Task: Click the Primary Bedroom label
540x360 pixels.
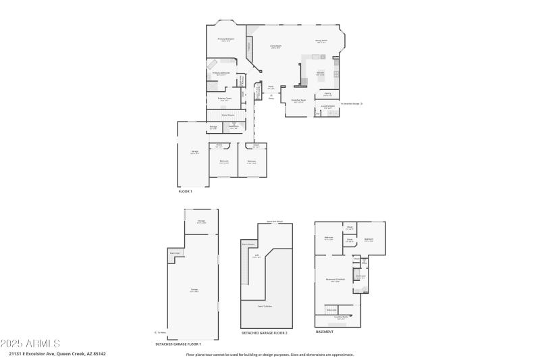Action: coord(225,40)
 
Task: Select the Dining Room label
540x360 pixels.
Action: coord(321,41)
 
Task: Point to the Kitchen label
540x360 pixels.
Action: coord(321,73)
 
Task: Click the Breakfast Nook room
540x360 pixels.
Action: coord(298,102)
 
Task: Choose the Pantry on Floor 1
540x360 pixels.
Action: coord(327,95)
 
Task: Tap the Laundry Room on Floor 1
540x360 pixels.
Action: coord(328,107)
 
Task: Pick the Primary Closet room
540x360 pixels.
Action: coord(225,99)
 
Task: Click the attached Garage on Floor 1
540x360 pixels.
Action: coord(194,152)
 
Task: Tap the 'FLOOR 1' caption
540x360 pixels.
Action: coord(185,191)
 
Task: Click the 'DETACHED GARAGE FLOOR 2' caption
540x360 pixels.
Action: coord(264,333)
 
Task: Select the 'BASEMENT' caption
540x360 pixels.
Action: coord(324,332)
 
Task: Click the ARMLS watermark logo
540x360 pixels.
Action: coord(30,343)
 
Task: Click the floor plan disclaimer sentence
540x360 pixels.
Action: coord(269,354)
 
